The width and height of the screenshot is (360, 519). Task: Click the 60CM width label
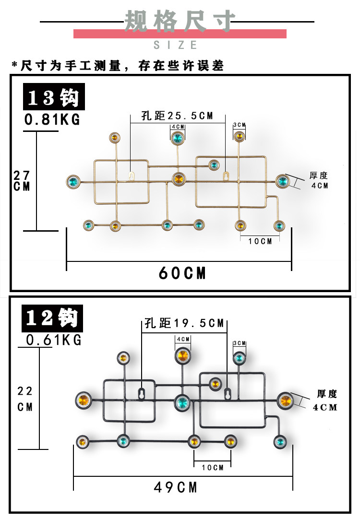tap(182, 273)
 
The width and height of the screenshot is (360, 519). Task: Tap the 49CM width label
tap(176, 487)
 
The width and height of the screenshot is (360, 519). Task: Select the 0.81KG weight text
tap(52, 120)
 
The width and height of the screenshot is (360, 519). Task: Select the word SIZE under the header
tap(176, 45)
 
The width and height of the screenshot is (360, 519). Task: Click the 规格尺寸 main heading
tap(180, 22)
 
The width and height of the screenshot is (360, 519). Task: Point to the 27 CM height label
tap(22, 181)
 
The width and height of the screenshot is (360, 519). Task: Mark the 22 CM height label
tap(25, 399)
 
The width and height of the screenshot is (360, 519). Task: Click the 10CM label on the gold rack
tap(260, 241)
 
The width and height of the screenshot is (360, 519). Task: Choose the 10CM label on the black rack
tap(212, 467)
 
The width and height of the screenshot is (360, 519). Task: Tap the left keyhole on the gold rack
tap(131, 175)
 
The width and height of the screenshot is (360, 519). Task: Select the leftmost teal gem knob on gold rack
tap(73, 181)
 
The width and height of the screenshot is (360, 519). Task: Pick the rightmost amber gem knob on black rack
tap(285, 400)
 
